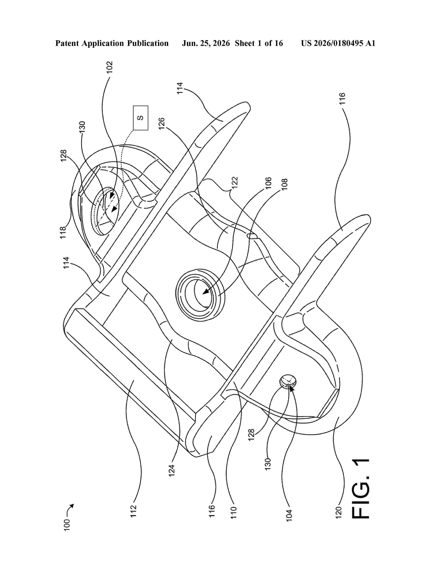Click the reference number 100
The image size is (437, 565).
[x=67, y=525]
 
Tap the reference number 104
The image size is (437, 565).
[x=289, y=516]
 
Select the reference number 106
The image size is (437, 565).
[x=268, y=183]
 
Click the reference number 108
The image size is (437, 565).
[x=284, y=184]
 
